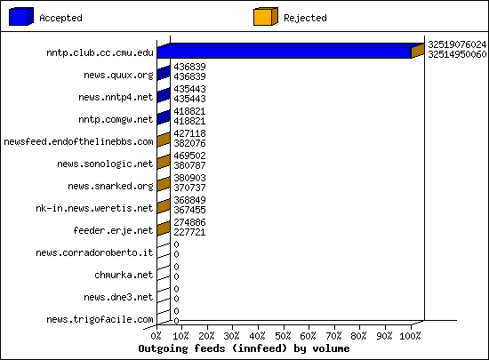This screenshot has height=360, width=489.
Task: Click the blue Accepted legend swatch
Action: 21,17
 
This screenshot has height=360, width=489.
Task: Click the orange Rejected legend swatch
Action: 266,17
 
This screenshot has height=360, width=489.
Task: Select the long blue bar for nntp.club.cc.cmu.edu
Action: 284,52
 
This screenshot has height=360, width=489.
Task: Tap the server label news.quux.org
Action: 118,76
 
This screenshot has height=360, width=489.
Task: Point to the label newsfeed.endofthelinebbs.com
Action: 78,142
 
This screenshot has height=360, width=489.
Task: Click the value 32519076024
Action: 457,44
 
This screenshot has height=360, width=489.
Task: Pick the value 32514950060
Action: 457,54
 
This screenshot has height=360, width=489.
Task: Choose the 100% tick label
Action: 410,336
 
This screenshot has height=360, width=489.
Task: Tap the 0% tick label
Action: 156,336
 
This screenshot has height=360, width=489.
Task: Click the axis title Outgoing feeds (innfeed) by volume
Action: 244,348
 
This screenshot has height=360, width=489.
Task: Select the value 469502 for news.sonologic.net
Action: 189,156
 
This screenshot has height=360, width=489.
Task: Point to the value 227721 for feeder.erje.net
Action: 189,232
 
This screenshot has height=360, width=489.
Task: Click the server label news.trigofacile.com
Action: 100,319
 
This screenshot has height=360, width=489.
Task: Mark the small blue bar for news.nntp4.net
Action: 164,95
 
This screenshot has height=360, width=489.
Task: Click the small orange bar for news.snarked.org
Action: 164,184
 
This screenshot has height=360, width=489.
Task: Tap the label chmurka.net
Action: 124,275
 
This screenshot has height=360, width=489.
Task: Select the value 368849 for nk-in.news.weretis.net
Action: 189,200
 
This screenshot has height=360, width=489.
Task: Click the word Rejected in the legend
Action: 305,18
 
